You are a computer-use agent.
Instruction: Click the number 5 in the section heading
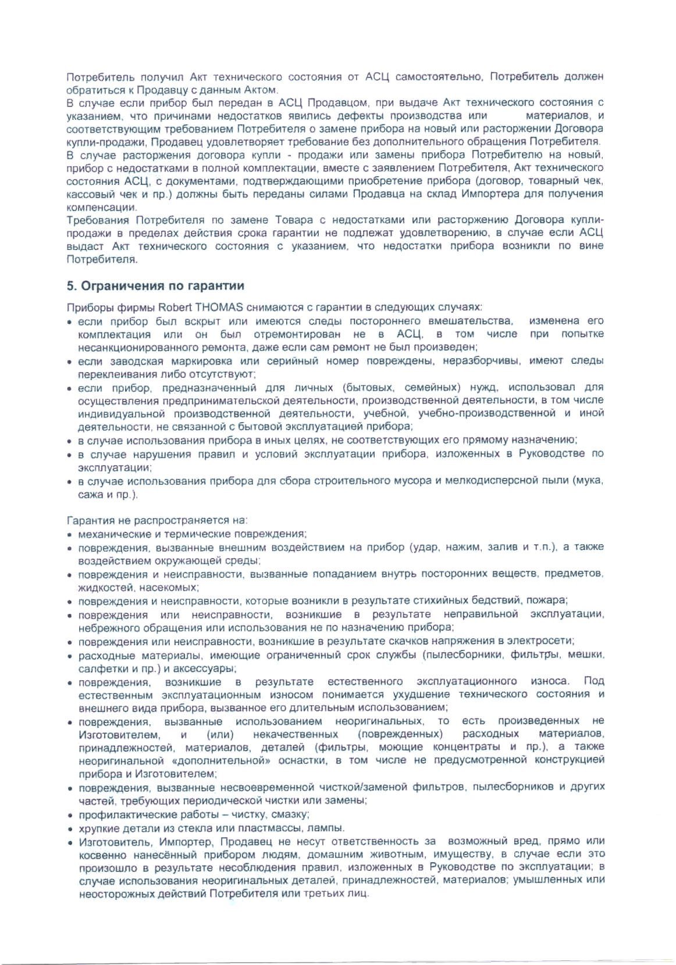point(71,286)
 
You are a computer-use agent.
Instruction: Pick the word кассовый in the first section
point(85,194)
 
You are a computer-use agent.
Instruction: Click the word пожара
point(550,601)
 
